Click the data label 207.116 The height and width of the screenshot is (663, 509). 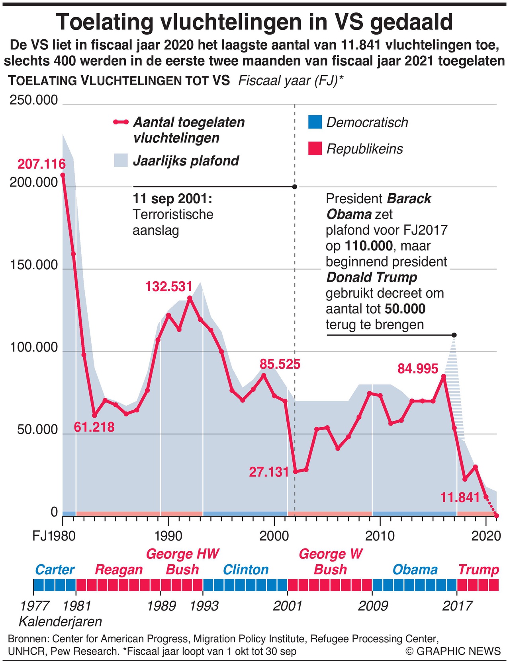pos(41,164)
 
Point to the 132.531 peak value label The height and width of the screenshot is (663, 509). pos(169,286)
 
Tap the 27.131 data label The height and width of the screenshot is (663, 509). pos(269,472)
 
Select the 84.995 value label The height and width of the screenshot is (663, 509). pos(418,369)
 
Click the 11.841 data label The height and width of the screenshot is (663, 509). pos(460,497)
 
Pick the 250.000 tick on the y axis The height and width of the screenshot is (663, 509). pos(34,100)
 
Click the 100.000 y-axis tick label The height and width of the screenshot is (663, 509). pos(34,348)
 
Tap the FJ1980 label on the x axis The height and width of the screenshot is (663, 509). pos(54,536)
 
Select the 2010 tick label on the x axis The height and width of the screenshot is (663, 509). pos(380,536)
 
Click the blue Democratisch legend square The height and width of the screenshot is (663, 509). pos(315,122)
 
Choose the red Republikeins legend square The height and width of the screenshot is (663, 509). pos(315,149)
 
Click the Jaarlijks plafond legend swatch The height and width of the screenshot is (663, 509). pos(121,160)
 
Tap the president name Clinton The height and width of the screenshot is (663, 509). pos(246,570)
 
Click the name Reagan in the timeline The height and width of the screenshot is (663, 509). pos(119,570)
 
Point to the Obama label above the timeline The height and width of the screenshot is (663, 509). pos(415,570)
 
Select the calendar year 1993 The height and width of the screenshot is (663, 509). pos(204,606)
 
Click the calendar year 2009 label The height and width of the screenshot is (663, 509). pos(373,606)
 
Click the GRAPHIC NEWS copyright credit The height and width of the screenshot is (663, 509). pos(453,651)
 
